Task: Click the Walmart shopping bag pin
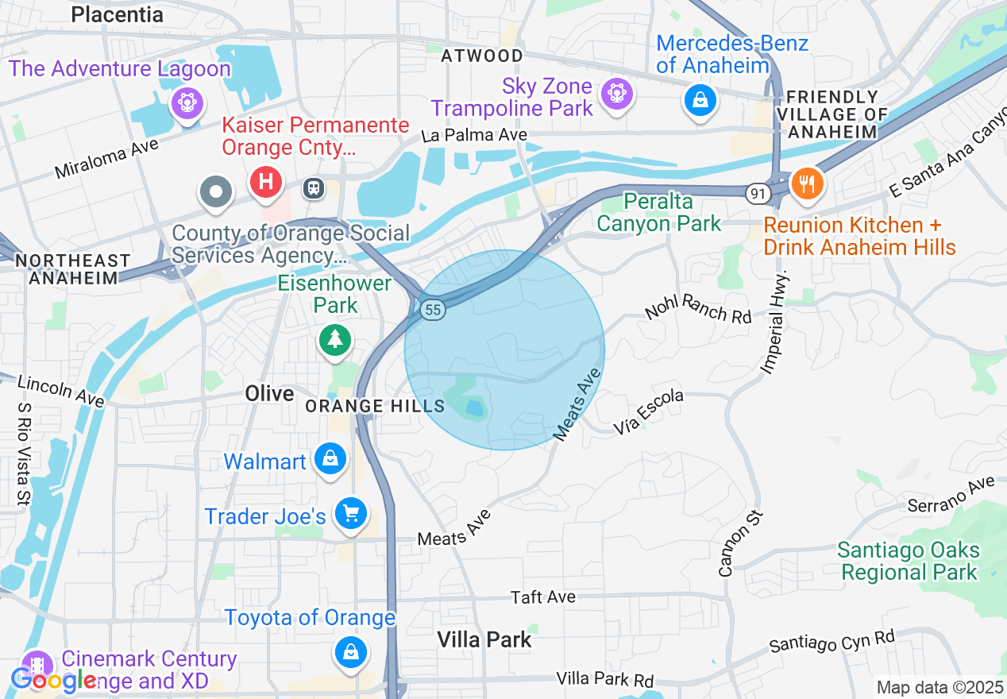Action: tap(330, 458)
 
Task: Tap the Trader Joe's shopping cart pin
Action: tap(350, 512)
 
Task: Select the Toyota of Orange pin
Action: tap(349, 652)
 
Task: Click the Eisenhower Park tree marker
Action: tap(335, 339)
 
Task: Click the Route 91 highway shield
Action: tap(757, 192)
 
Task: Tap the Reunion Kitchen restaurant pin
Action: tap(808, 183)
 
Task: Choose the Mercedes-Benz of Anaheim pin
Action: tap(700, 100)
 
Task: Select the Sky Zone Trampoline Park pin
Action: tap(615, 93)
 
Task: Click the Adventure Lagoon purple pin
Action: tap(187, 102)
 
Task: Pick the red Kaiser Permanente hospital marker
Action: tap(266, 182)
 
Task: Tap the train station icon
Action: tap(314, 187)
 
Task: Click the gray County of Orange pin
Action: tap(216, 191)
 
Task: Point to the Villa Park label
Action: tap(484, 639)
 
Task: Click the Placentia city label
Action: tap(117, 14)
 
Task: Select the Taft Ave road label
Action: tap(543, 597)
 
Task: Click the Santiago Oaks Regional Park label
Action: tap(909, 561)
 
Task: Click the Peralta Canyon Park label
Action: tap(658, 213)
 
